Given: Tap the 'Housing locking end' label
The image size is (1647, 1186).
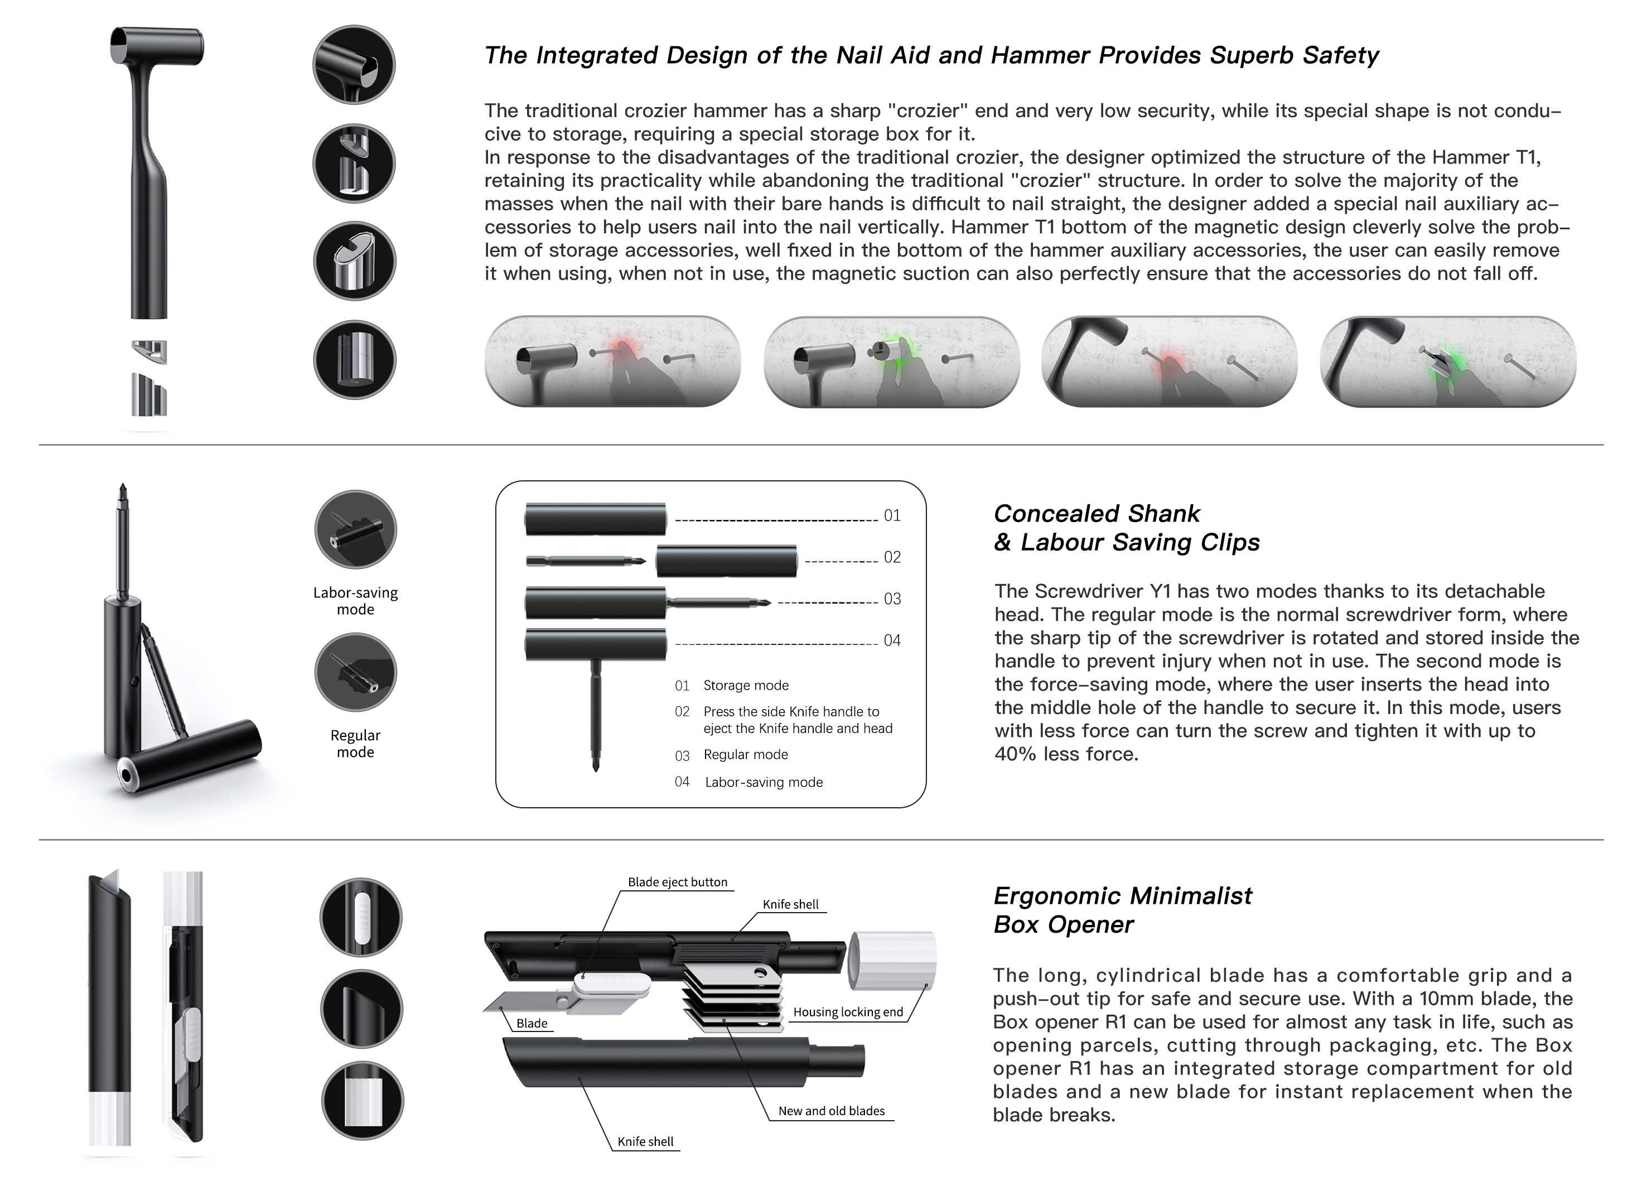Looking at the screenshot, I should (x=847, y=1012).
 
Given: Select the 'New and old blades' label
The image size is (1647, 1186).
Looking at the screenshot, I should (x=831, y=1111).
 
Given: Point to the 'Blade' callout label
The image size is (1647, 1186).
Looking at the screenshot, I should (x=532, y=1023).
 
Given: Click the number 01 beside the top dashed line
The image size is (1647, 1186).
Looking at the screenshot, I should (x=892, y=515).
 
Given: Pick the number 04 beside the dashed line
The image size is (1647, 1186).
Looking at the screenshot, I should (x=892, y=640).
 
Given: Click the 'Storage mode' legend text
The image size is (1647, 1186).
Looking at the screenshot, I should (x=745, y=685).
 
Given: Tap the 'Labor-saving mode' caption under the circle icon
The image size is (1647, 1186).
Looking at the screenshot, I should (x=355, y=601).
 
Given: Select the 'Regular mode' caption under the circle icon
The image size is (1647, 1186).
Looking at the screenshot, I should (x=355, y=744).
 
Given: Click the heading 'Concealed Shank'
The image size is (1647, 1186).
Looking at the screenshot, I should (x=1097, y=513).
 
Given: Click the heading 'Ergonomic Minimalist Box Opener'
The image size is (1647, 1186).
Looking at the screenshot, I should (x=1122, y=910).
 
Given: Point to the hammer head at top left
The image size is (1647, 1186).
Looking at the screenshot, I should (x=156, y=46).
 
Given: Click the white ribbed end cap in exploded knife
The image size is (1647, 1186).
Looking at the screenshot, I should (x=892, y=960).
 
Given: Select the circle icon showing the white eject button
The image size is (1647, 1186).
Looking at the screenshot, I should (x=361, y=917).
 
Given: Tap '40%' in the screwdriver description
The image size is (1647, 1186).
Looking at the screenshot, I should (x=1015, y=754).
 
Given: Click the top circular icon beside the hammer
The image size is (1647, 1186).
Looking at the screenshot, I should (x=354, y=65).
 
